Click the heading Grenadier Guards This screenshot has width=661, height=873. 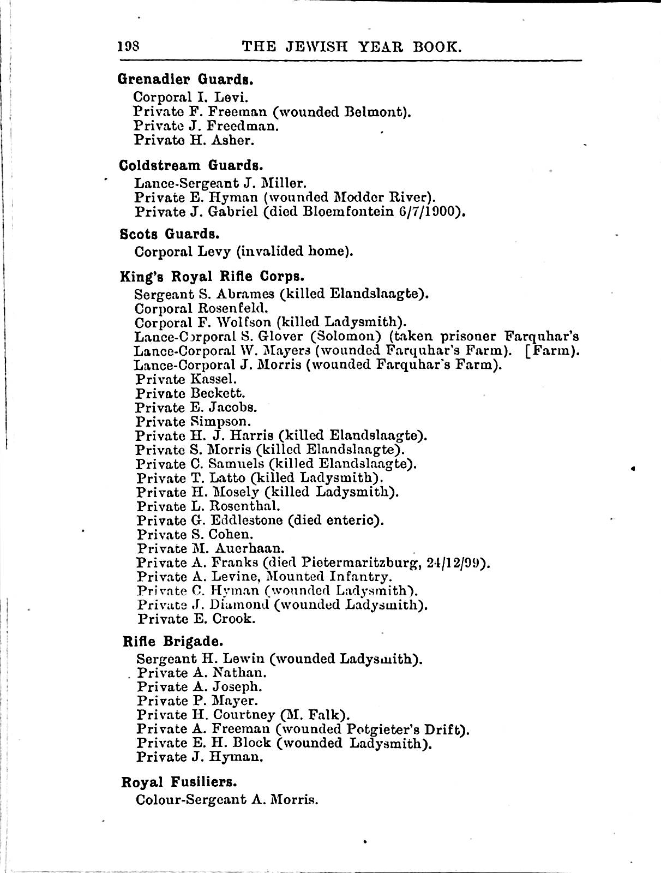pyautogui.click(x=185, y=79)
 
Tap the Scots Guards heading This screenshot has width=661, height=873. pyautogui.click(x=170, y=234)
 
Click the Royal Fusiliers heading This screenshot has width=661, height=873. pyautogui.click(x=179, y=782)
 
